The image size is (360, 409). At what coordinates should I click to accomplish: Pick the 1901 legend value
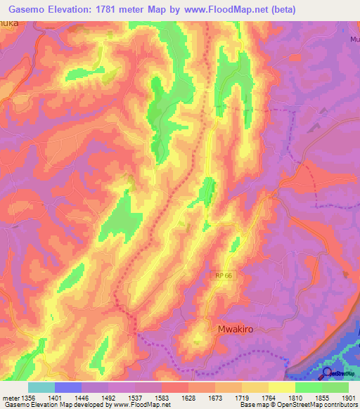tap(347, 397)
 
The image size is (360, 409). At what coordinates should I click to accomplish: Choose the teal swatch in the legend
tap(41, 387)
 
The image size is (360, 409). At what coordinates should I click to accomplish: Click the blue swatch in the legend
tap(68, 387)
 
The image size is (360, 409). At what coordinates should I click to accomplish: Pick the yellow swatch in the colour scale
tap(281, 387)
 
